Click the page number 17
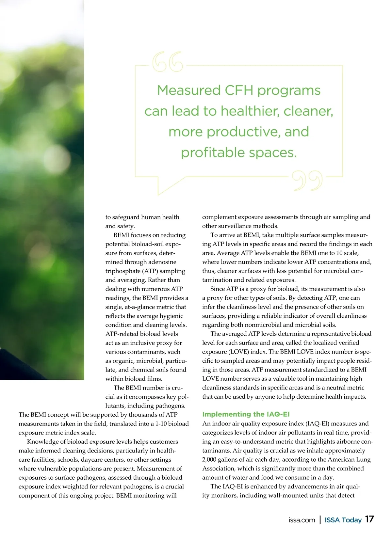point(369,519)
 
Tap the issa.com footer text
point(302,520)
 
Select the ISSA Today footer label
point(343,520)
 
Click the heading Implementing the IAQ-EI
point(246,414)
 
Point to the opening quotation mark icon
point(168,61)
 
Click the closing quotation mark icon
point(307,181)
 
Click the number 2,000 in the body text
point(211,460)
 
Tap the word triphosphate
point(122,271)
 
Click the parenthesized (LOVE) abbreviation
point(240,352)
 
